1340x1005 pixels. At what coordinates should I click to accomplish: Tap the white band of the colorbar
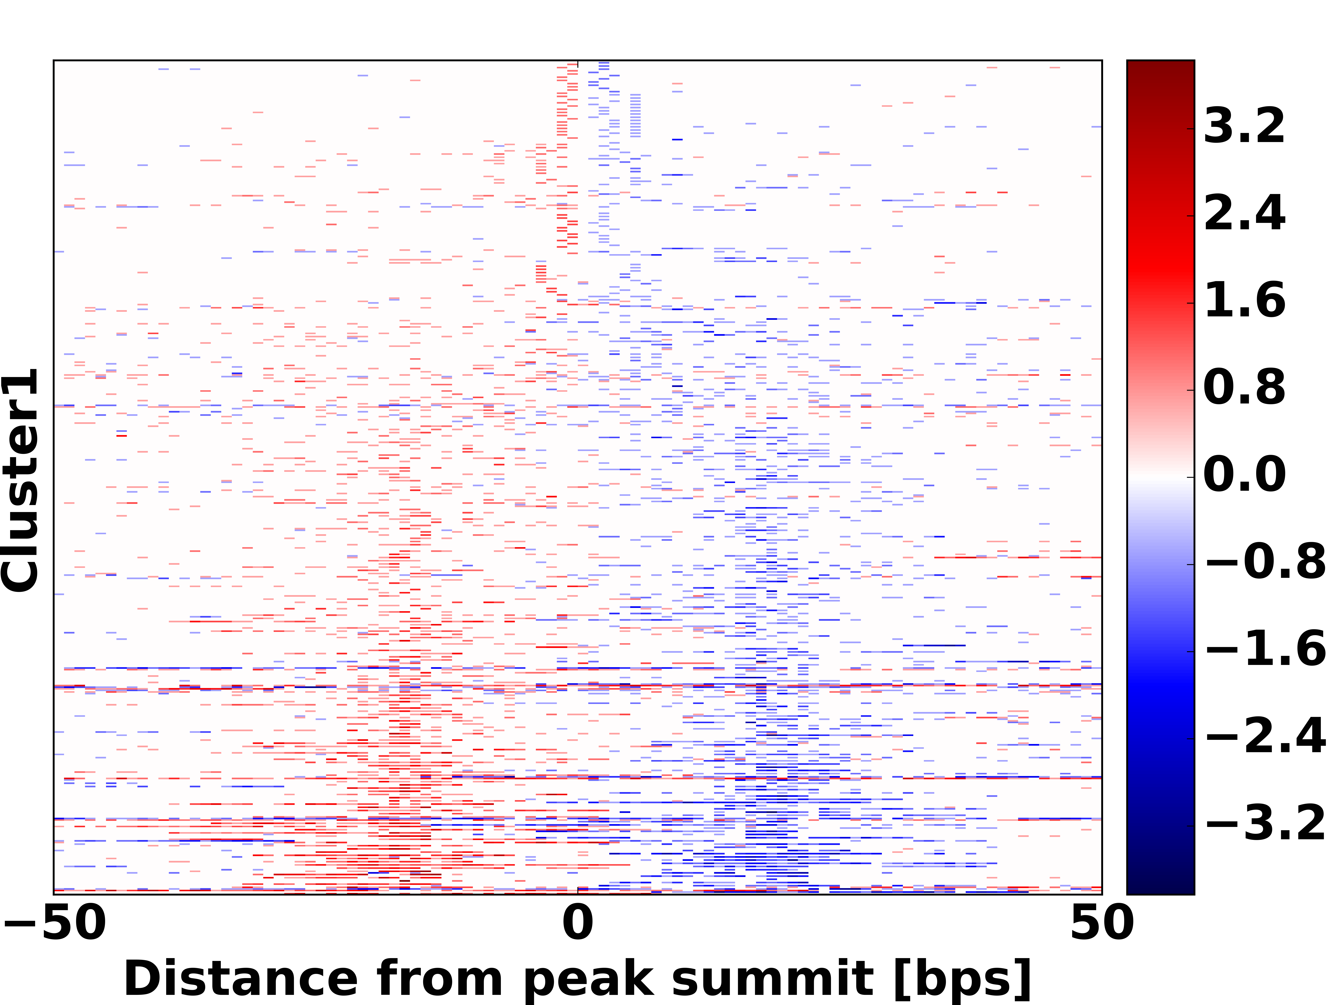point(1160,477)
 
